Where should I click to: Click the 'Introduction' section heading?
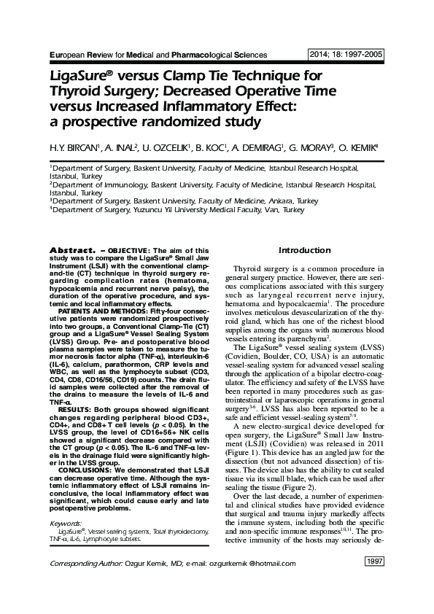pos(305,251)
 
